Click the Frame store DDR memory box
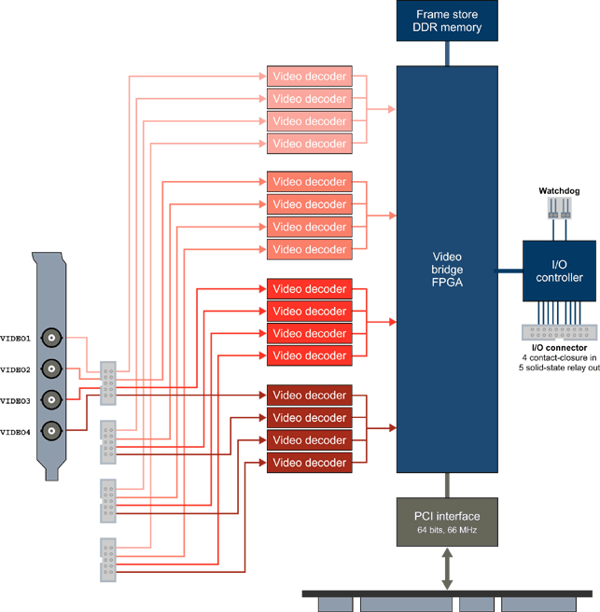coord(447,21)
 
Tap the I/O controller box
coord(559,271)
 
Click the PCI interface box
coord(447,522)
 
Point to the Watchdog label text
coord(559,191)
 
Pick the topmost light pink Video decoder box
coord(309,76)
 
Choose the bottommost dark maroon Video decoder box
coord(309,463)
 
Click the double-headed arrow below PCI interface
coord(447,568)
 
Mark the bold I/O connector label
coord(559,348)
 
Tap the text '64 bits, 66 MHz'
coord(447,530)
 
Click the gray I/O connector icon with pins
coord(559,331)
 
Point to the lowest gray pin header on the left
coord(108,560)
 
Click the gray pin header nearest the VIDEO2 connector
coord(108,382)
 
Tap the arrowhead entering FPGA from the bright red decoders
coord(392,322)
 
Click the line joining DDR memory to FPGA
coord(447,53)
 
